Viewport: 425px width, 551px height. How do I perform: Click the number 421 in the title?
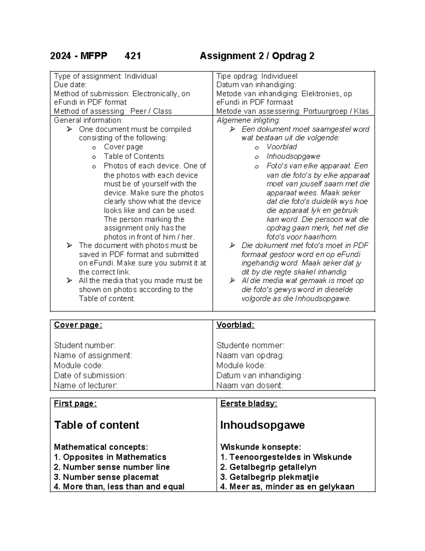pyautogui.click(x=133, y=56)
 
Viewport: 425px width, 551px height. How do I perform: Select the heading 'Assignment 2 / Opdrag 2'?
pyautogui.click(x=257, y=56)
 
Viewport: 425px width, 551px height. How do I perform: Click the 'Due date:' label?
pyautogui.click(x=70, y=85)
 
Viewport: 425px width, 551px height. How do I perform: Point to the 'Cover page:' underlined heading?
pyautogui.click(x=78, y=325)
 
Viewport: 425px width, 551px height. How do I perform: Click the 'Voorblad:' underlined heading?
pyautogui.click(x=235, y=325)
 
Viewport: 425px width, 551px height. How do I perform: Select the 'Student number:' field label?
pyautogui.click(x=84, y=345)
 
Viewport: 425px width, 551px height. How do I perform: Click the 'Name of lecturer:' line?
pyautogui.click(x=85, y=385)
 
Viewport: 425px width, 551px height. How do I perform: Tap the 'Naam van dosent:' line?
pyautogui.click(x=250, y=385)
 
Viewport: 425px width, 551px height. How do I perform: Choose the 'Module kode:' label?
pyautogui.click(x=241, y=365)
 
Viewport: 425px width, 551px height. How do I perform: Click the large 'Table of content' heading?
pyautogui.click(x=96, y=425)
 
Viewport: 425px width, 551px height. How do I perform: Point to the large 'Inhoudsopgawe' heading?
pyautogui.click(x=262, y=425)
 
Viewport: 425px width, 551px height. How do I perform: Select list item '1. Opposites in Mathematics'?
pyautogui.click(x=110, y=457)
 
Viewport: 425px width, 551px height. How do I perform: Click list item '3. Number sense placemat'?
pyautogui.click(x=106, y=477)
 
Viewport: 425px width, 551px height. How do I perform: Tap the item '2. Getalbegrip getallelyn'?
pyautogui.click(x=268, y=467)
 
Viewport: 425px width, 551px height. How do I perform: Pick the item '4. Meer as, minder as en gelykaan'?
pyautogui.click(x=287, y=486)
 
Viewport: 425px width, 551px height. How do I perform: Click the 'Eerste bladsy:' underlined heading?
pyautogui.click(x=248, y=403)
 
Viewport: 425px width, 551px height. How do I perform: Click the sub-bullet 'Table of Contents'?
pyautogui.click(x=134, y=156)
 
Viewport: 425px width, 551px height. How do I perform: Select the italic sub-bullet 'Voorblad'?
pyautogui.click(x=282, y=147)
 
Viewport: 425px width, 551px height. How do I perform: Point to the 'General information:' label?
pyautogui.click(x=88, y=120)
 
